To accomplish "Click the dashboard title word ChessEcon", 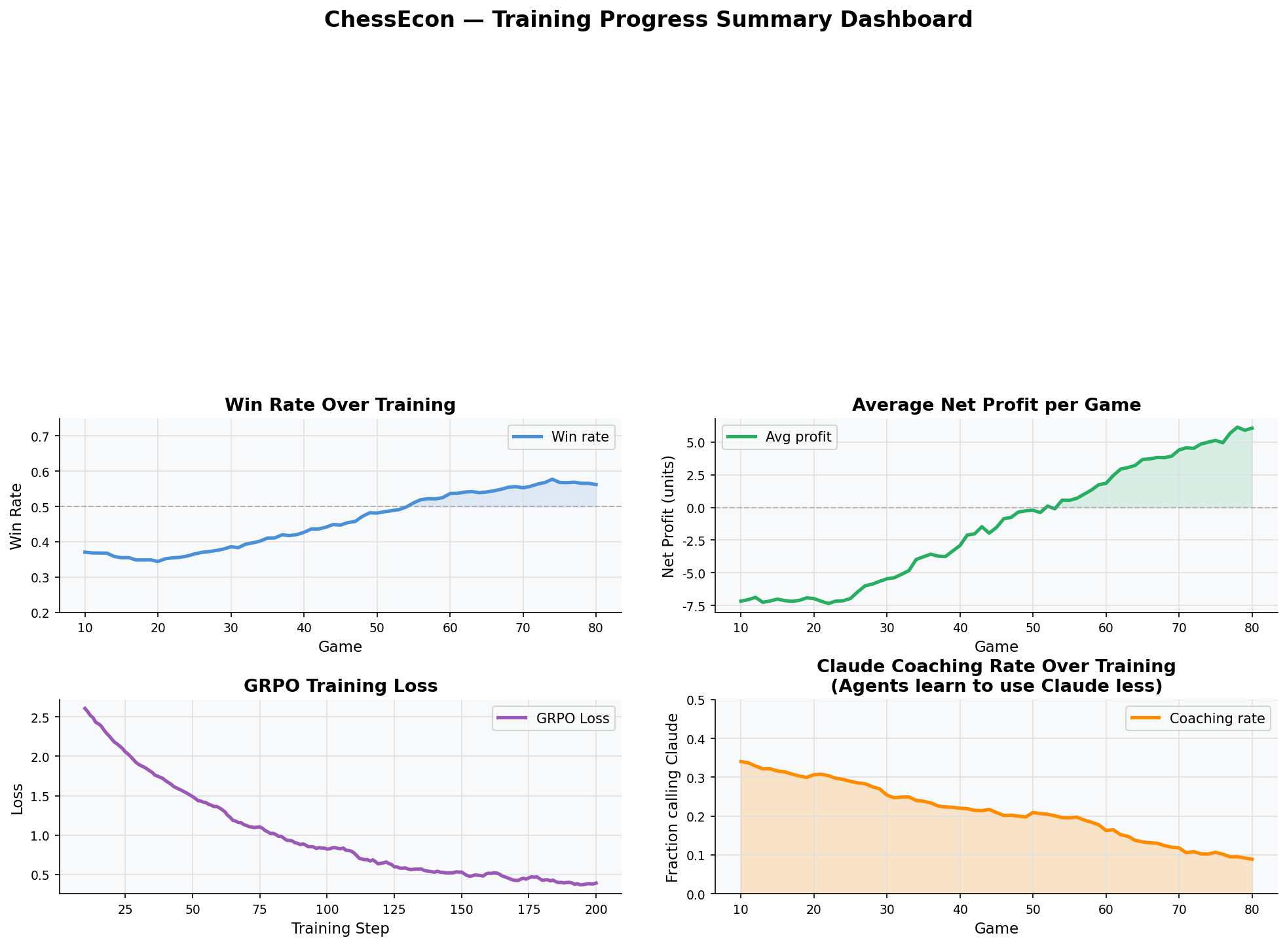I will point(389,20).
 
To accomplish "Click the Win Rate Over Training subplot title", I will point(340,405).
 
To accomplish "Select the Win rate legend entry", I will point(562,437).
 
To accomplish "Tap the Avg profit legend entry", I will point(779,437).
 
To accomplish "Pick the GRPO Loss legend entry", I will point(553,719).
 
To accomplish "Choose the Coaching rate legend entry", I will point(1199,719).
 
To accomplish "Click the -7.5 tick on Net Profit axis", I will point(695,606).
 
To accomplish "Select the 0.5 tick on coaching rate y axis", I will point(698,700).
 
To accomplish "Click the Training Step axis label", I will point(340,929).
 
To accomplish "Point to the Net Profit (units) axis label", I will point(668,515).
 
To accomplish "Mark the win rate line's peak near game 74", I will point(552,480).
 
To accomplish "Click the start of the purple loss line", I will point(84,708).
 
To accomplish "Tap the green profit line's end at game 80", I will point(1252,428).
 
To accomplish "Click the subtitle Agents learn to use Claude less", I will point(996,687).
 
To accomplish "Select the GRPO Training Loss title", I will point(340,687).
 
